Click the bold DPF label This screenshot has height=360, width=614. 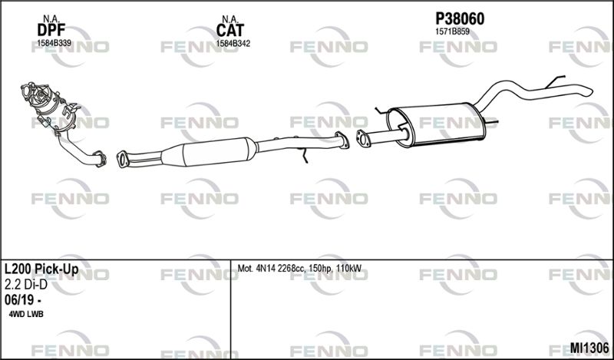click(51, 30)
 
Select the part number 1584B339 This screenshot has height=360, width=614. click(54, 43)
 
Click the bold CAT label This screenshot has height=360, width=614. click(229, 30)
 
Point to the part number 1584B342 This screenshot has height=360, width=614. click(233, 44)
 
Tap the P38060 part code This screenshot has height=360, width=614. click(460, 18)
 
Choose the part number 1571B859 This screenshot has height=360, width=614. click(452, 32)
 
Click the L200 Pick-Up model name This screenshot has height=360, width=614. click(41, 269)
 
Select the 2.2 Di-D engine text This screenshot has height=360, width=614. click(26, 285)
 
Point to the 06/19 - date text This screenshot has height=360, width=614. click(23, 300)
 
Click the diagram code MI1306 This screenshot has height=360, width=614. click(589, 347)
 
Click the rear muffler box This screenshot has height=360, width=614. click(436, 124)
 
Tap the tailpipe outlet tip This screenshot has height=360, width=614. click(588, 91)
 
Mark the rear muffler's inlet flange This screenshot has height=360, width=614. click(363, 139)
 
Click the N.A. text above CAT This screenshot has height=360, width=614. click(229, 18)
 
